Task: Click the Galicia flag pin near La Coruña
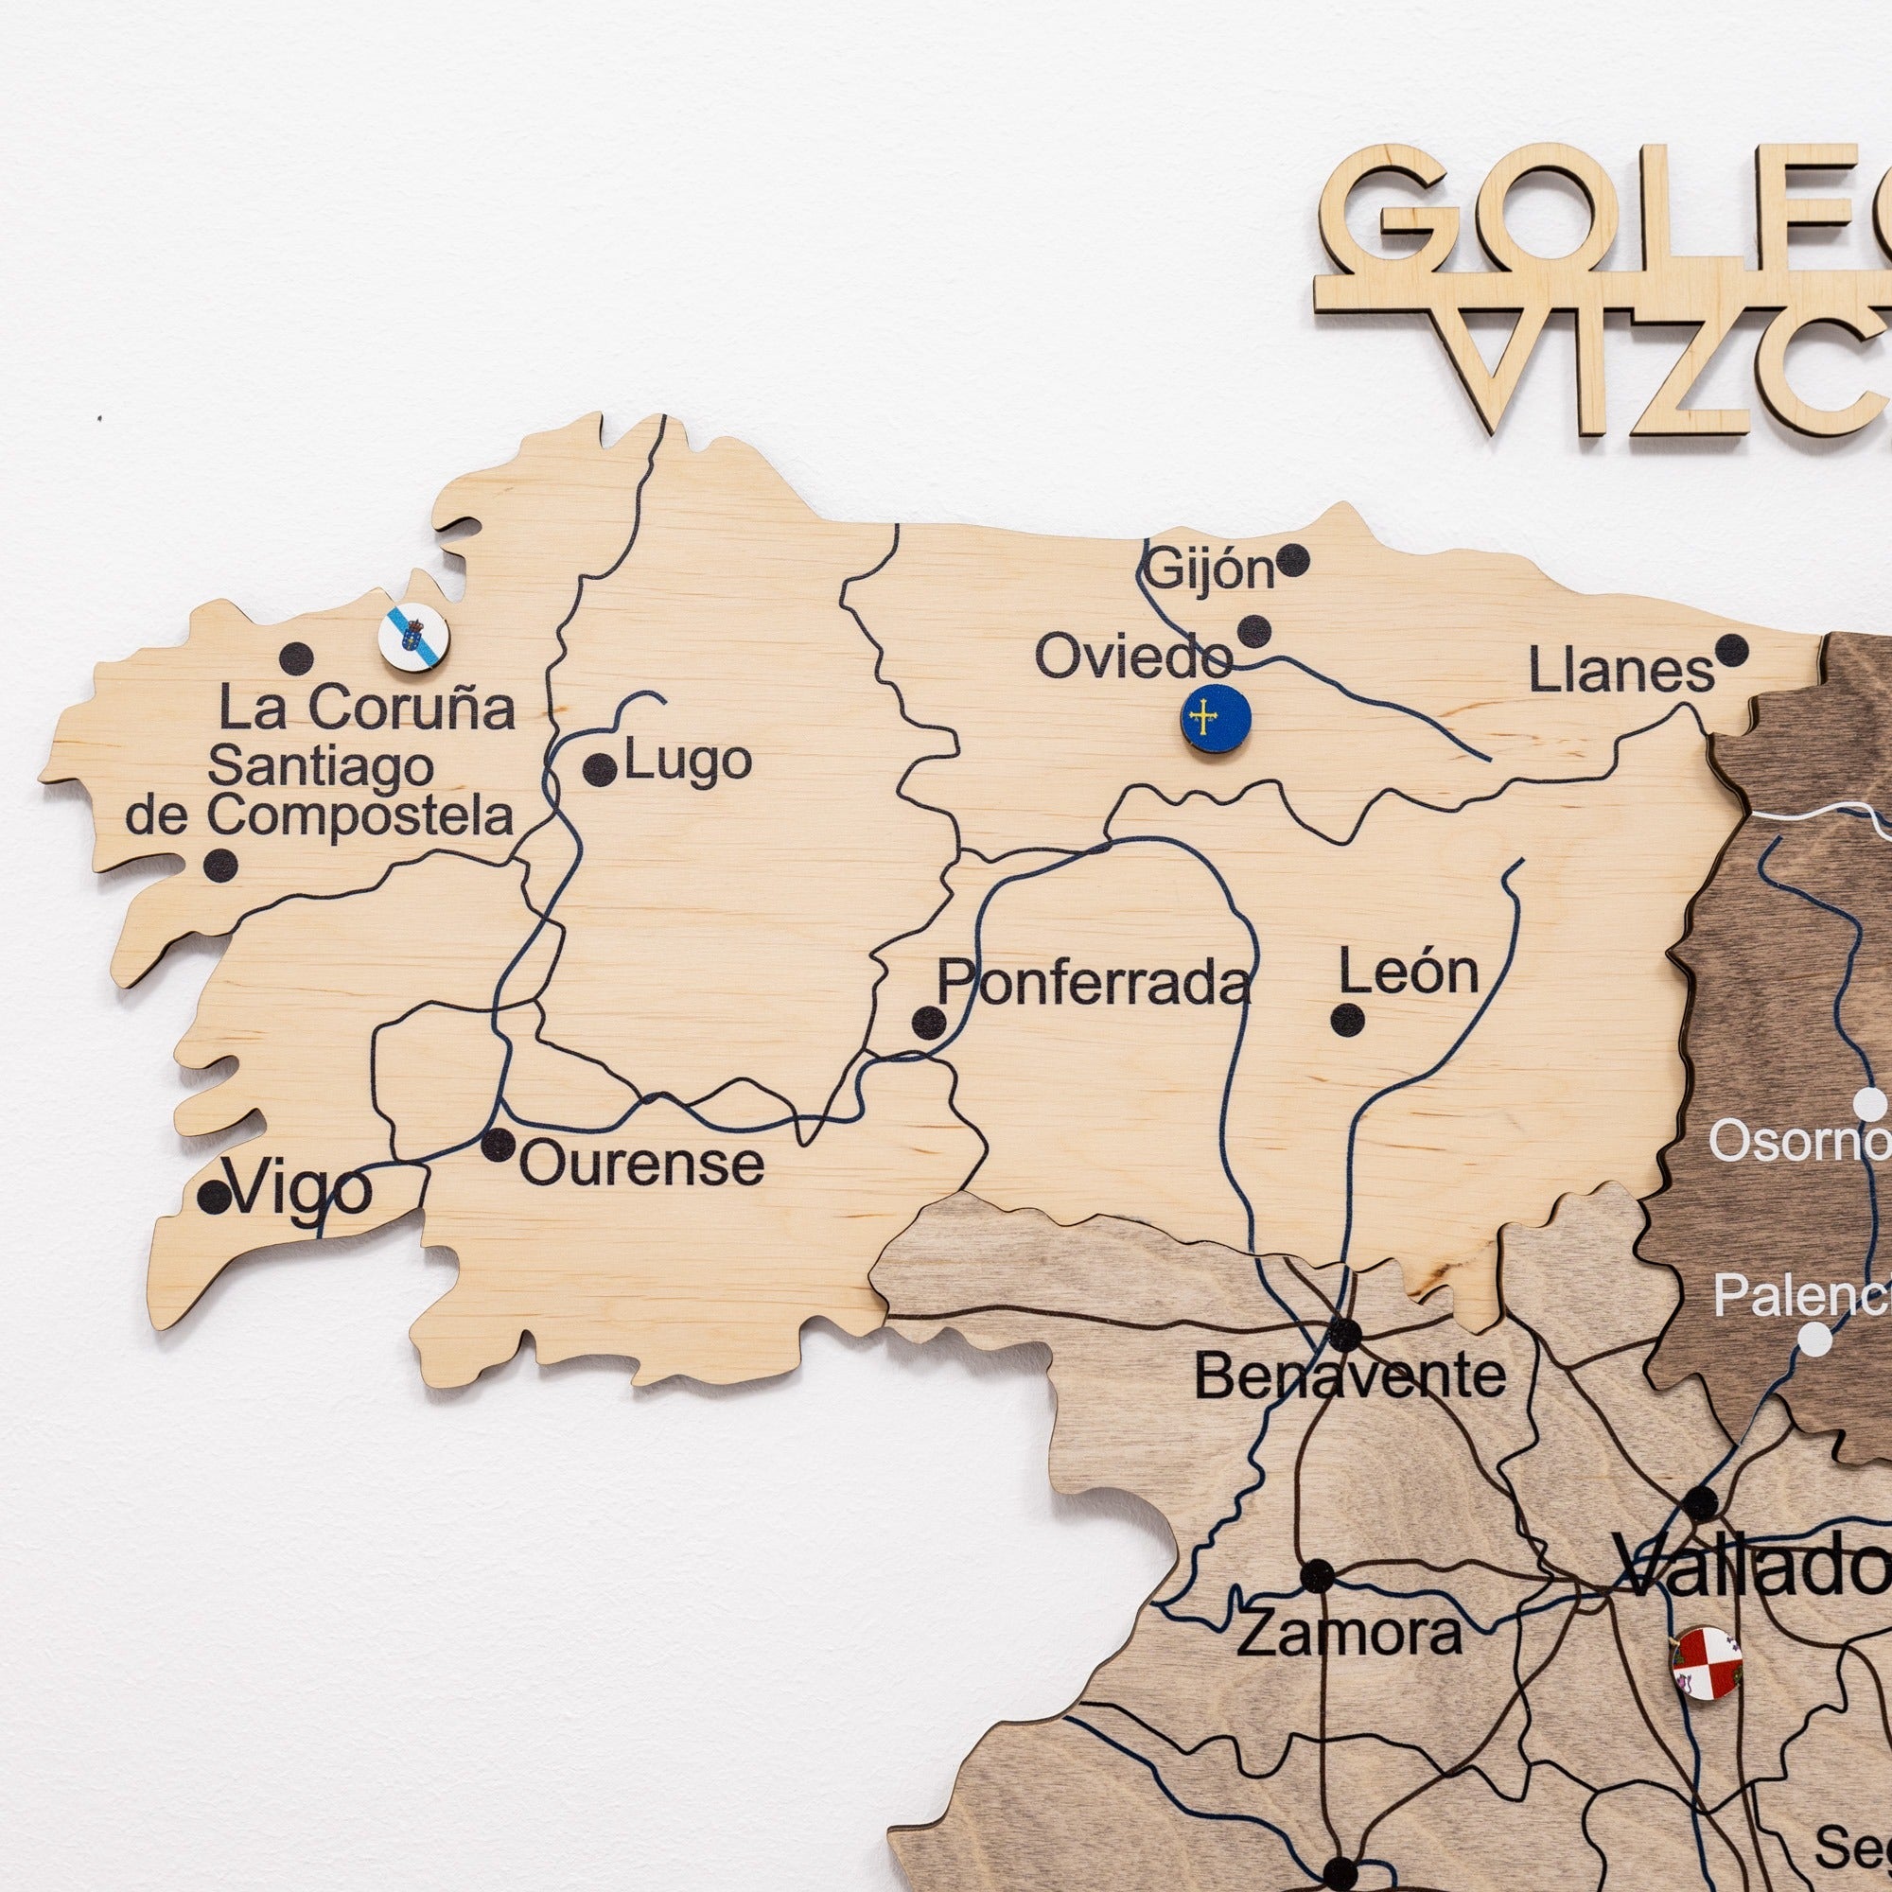click(x=413, y=637)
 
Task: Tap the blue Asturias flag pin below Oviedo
click(x=1216, y=720)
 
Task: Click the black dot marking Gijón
click(x=1292, y=560)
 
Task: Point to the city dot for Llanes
click(x=1731, y=649)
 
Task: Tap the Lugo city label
click(x=688, y=762)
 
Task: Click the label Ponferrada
click(x=1093, y=982)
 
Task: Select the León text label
click(x=1409, y=972)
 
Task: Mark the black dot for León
click(x=1347, y=1020)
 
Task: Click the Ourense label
click(x=641, y=1165)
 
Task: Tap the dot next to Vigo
click(x=213, y=1197)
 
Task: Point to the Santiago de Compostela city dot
click(x=220, y=865)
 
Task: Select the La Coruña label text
click(x=366, y=708)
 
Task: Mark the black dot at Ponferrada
click(x=928, y=1024)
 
